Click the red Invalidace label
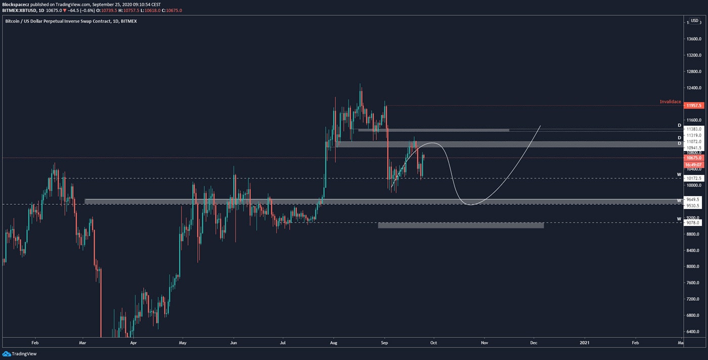click(x=670, y=102)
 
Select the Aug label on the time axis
click(x=333, y=342)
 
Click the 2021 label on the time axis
click(x=584, y=342)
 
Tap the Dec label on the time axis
click(x=534, y=342)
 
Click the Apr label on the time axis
click(x=133, y=342)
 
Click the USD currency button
click(x=694, y=21)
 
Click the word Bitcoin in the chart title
click(x=14, y=21)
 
